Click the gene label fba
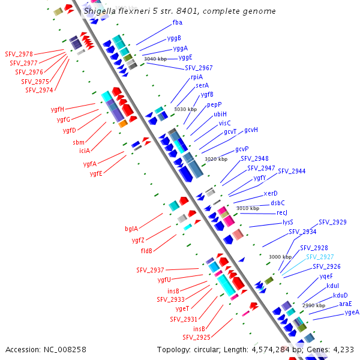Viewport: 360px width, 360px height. pos(177,22)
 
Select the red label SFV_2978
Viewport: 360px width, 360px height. pos(20,54)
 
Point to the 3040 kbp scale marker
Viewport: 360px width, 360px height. pos(155,59)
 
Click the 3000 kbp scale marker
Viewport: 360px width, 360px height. pos(280,257)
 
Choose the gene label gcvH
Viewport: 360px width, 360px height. pos(251,130)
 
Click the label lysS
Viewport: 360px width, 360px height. pos(288,222)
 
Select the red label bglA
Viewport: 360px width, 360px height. pos(131,229)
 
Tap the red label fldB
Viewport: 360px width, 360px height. pos(146,250)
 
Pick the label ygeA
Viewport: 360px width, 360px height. pos(352,312)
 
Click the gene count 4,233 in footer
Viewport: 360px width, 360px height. pos(343,349)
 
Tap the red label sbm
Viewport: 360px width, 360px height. pos(79,142)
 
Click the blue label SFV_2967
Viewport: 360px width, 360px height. pos(199,68)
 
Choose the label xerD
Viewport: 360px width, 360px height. pos(271,194)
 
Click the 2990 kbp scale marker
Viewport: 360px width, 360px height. pos(314,305)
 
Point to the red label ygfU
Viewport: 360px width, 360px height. pos(164,280)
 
